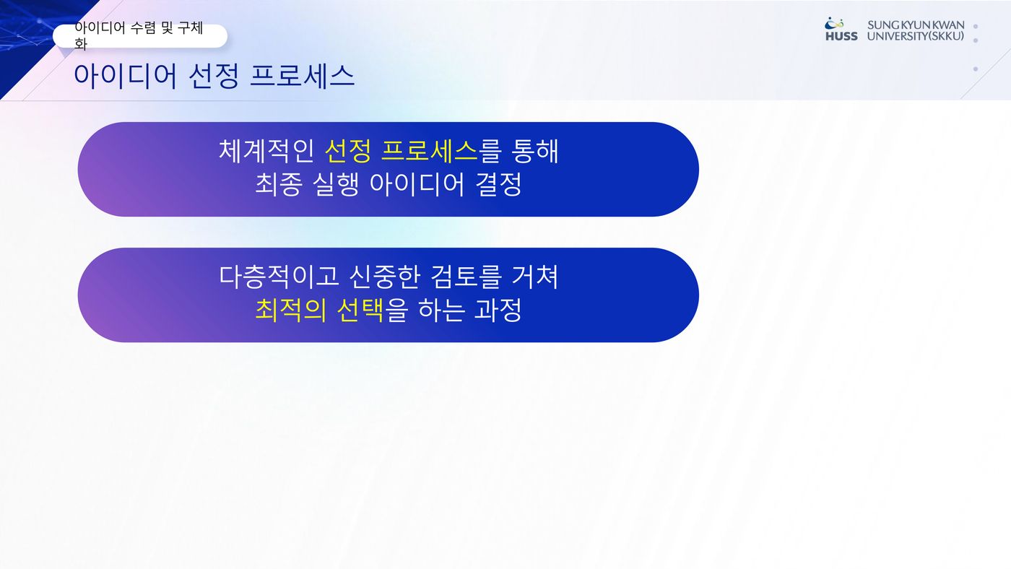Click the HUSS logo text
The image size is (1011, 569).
pos(841,37)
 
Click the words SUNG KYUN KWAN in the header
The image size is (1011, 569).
pos(916,25)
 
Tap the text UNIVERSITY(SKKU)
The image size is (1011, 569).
pos(916,37)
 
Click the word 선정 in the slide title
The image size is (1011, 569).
pos(214,76)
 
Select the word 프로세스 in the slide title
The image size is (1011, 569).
pos(302,76)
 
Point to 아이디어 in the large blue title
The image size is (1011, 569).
pos(125,76)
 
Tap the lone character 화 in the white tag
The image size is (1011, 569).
pos(81,44)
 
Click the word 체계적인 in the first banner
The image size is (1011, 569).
pos(266,151)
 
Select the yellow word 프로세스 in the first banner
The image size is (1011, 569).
pos(429,151)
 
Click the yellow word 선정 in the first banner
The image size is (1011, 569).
pos(347,151)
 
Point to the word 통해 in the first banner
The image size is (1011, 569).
pos(535,151)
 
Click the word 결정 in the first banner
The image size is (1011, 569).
pos(499,185)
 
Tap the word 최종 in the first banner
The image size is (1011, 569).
pos(279,185)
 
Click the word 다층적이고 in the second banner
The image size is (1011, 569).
pos(279,277)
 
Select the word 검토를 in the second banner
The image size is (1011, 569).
pos(466,277)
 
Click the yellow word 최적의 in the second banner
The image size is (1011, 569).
pos(290,310)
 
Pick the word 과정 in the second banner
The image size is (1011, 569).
pos(498,310)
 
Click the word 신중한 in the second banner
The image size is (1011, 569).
pos(384,277)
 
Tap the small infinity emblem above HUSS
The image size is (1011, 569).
pos(834,23)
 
